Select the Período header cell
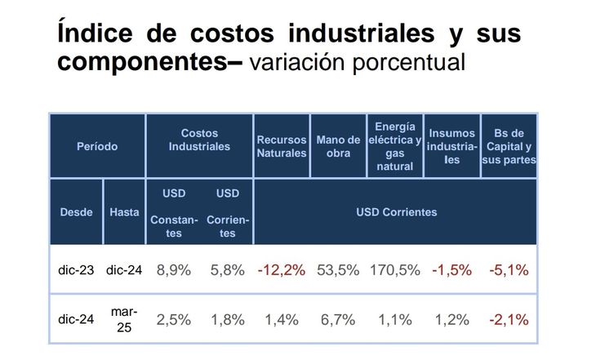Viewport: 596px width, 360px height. (x=98, y=146)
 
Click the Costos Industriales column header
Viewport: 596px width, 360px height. (x=199, y=140)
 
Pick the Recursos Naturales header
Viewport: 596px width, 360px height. (x=282, y=146)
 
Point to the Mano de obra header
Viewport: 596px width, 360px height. (x=338, y=146)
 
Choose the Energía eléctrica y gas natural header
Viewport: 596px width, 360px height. (x=395, y=146)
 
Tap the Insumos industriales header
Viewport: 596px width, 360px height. (x=451, y=146)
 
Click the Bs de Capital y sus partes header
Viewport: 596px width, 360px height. (x=509, y=146)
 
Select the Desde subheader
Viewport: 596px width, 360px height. (x=76, y=212)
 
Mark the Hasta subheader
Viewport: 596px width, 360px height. (x=124, y=212)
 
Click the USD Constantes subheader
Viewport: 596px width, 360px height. (x=173, y=213)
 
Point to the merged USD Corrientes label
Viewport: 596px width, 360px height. (x=396, y=212)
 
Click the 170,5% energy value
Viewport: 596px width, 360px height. (x=395, y=270)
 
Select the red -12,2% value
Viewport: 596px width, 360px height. (x=281, y=270)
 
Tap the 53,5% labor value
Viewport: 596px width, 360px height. (x=338, y=270)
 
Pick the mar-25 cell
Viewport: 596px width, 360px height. (x=124, y=319)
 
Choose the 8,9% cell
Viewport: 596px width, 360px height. (x=173, y=270)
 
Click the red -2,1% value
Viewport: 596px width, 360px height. (x=509, y=320)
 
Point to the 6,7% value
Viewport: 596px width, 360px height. (x=338, y=320)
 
